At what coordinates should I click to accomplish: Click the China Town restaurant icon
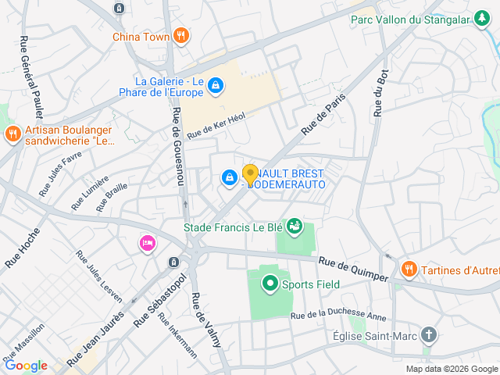[181, 34]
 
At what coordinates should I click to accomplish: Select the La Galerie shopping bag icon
[215, 86]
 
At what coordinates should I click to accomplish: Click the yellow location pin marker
[250, 174]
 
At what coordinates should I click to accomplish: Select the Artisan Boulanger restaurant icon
[12, 134]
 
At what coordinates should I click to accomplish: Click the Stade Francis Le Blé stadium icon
[294, 227]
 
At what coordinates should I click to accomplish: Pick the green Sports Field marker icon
[270, 284]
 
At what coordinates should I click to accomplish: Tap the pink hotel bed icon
[147, 244]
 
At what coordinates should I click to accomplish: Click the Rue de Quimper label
[352, 270]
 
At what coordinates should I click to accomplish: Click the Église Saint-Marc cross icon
[428, 335]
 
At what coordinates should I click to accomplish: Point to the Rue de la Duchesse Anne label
[338, 316]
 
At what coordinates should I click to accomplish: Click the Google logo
[26, 365]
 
